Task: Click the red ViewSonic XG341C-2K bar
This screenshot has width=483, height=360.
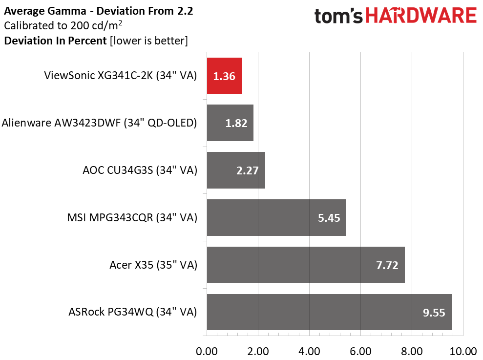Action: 224,76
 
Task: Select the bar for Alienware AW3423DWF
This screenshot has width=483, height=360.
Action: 230,123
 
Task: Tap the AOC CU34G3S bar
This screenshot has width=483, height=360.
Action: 236,170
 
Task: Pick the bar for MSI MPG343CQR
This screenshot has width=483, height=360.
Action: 276,217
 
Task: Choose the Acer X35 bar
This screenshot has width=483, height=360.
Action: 306,265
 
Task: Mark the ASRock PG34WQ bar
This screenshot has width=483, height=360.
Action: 329,312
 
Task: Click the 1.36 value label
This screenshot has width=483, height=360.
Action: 224,76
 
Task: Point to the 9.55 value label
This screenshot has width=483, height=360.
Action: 434,313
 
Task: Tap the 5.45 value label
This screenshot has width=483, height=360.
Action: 329,218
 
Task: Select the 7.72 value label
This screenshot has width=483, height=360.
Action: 387,265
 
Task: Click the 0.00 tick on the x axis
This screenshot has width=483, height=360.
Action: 207,351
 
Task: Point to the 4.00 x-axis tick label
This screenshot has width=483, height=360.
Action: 309,351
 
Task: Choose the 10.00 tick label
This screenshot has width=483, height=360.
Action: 463,351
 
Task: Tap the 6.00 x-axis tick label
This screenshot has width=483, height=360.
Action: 361,351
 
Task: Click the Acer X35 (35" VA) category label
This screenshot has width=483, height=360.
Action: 153,265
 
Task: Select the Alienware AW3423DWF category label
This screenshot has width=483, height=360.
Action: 99,123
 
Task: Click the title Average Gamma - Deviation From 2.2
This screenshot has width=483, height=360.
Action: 99,11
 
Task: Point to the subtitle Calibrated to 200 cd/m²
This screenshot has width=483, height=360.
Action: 63,25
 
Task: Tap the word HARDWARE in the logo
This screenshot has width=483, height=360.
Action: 421,16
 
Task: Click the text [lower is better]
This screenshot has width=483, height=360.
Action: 149,41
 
